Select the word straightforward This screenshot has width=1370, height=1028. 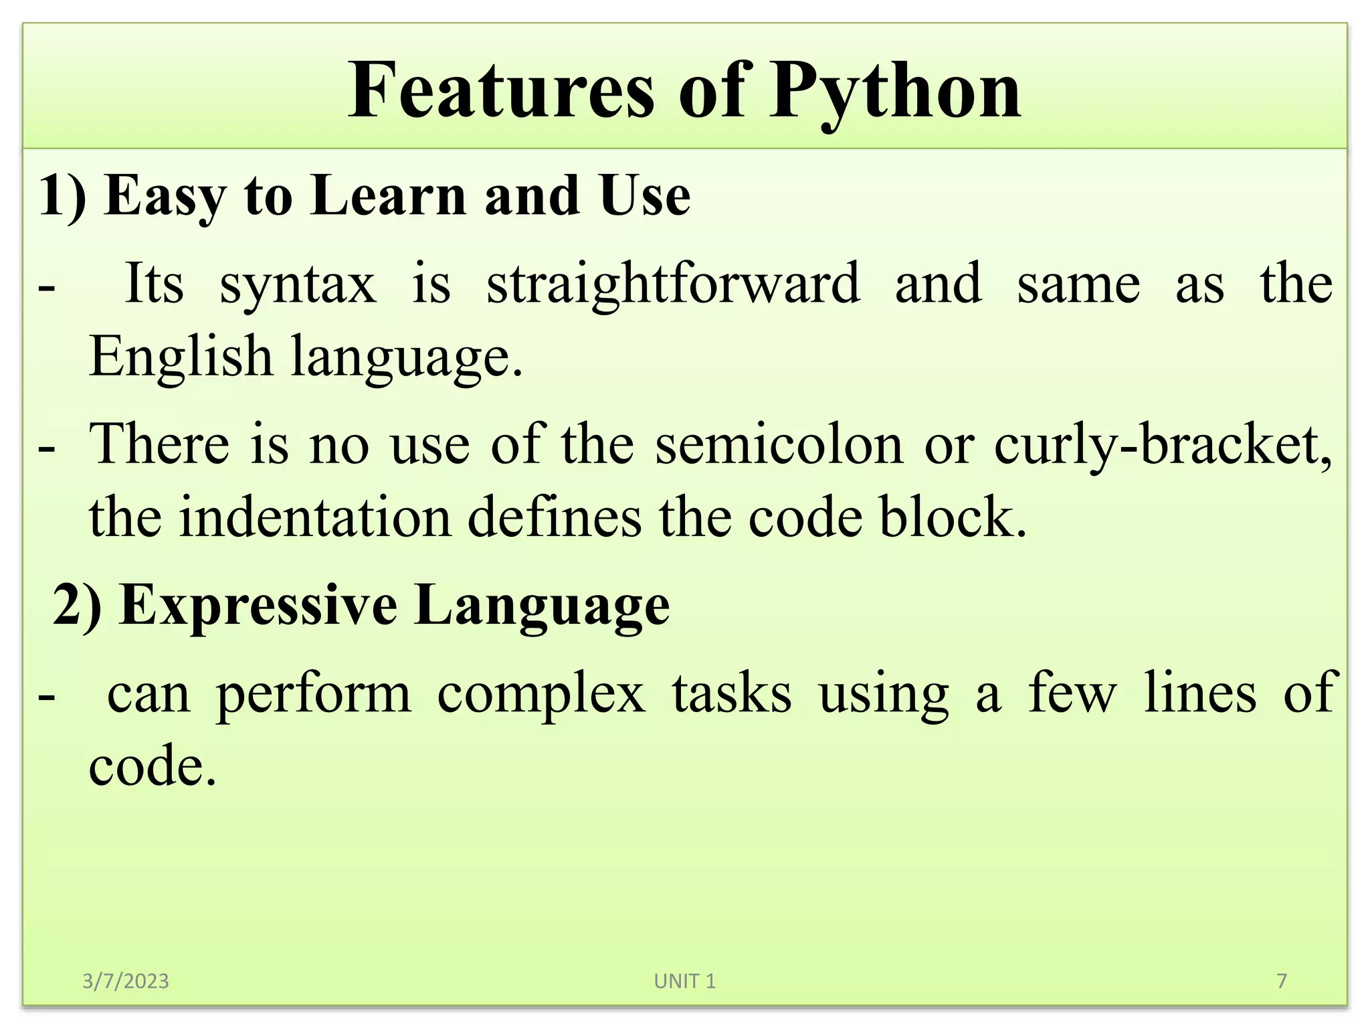(x=673, y=284)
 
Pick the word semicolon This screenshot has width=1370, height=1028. (x=779, y=444)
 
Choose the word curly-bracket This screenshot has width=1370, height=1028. (x=1162, y=444)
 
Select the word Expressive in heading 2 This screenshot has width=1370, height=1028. (x=258, y=605)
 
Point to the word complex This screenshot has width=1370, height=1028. (x=541, y=693)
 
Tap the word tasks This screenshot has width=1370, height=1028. (x=732, y=693)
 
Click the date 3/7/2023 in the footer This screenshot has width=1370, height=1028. (x=126, y=981)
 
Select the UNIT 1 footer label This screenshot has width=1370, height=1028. (x=685, y=981)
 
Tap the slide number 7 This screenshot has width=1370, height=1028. (x=1282, y=981)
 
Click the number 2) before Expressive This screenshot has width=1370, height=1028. (x=77, y=605)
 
